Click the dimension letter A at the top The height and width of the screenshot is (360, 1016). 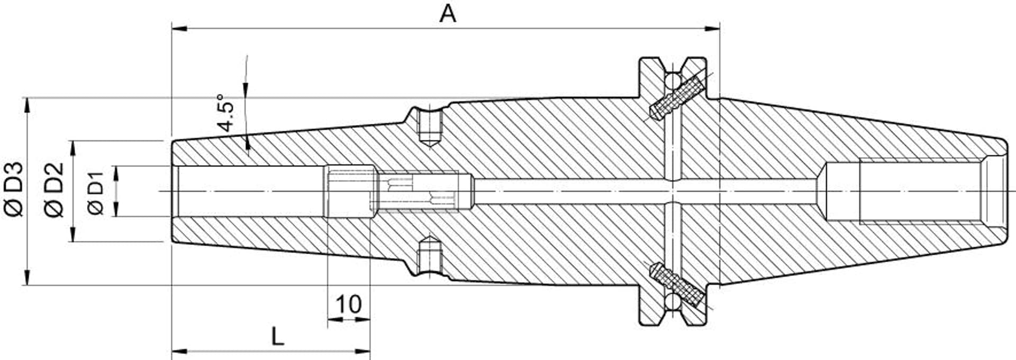[x=448, y=14]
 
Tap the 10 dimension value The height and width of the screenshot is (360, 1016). [x=349, y=304]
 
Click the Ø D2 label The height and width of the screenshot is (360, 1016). [x=55, y=190]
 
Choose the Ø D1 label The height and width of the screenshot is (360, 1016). [x=96, y=192]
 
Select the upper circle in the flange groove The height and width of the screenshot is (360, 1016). [x=673, y=81]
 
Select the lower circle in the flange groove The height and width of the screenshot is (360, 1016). [x=673, y=301]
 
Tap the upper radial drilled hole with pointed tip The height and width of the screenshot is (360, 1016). [x=430, y=127]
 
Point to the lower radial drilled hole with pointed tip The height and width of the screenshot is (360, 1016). [x=430, y=256]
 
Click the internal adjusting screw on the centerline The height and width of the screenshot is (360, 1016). [x=418, y=191]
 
